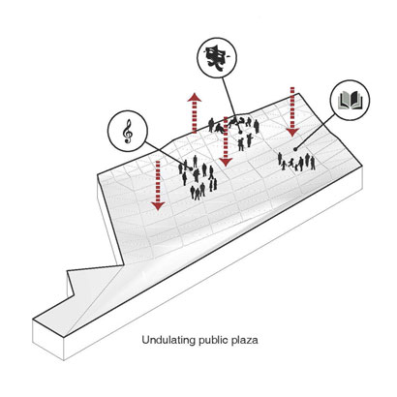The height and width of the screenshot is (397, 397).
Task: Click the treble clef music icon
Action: point(129,132)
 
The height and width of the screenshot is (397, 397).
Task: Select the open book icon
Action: point(350,100)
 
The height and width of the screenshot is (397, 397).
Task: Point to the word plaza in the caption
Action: point(245,341)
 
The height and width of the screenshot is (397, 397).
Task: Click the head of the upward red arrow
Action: point(195,97)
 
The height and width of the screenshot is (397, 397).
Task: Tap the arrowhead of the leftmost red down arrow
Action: point(158,206)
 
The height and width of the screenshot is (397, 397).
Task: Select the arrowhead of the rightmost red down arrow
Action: point(292,132)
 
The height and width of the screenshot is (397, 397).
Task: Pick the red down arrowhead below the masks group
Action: point(226,162)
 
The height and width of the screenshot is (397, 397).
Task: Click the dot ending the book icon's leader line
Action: point(295,149)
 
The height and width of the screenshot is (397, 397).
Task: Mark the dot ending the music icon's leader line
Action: point(191,168)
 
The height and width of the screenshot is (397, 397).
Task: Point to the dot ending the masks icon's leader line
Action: point(239,131)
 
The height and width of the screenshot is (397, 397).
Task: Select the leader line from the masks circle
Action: point(231,104)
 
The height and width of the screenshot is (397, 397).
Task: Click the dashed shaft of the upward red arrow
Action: point(195,117)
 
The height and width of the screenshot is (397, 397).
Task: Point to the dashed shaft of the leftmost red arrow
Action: point(158,181)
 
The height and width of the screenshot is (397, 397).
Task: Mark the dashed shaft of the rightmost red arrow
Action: point(292,107)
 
